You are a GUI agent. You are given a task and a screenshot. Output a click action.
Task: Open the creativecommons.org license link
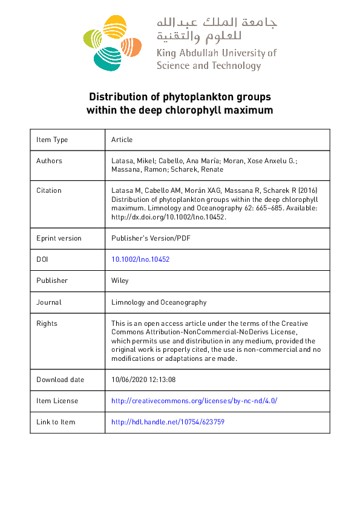[194, 401]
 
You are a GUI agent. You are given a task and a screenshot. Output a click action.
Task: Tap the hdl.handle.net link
[168, 422]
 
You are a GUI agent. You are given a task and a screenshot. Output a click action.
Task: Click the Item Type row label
[52, 140]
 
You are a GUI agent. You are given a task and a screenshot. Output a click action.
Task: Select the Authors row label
[49, 161]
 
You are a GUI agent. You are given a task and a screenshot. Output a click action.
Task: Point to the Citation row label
[49, 190]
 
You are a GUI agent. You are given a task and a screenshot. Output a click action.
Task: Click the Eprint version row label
[59, 238]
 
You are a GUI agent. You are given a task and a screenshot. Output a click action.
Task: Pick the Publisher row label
[52, 280]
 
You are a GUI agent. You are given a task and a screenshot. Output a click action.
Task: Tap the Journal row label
[49, 302]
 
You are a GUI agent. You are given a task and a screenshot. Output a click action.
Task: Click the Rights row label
[47, 323]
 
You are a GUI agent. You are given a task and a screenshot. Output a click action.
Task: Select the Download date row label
[60, 380]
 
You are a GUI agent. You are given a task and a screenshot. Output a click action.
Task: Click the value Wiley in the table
[120, 280]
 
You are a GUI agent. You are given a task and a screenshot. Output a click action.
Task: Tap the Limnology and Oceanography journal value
[159, 302]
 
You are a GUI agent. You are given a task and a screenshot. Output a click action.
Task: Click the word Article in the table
[122, 140]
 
